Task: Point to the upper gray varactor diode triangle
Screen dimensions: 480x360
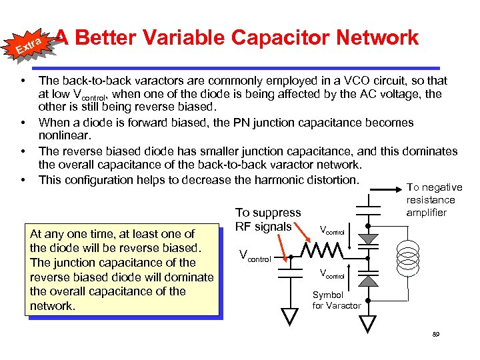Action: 368,238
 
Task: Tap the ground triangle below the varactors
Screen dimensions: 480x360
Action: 368,323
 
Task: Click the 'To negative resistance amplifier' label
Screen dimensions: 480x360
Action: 434,200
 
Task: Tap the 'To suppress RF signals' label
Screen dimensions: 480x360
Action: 268,219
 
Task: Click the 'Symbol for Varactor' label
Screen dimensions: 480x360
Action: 337,300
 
